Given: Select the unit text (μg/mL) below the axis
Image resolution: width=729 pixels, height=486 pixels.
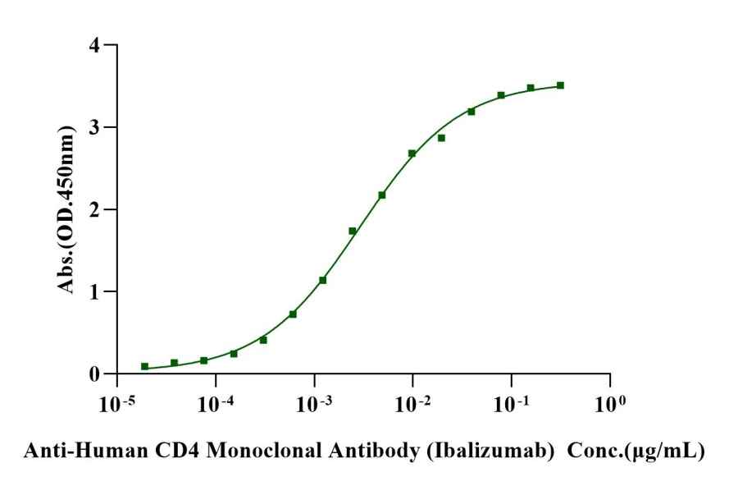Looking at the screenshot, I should (x=668, y=450).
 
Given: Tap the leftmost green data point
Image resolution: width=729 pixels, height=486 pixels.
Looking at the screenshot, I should (x=144, y=366).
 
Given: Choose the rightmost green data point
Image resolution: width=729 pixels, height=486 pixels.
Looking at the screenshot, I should (x=560, y=85).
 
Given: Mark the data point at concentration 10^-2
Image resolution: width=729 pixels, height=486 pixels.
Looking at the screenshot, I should (x=412, y=154).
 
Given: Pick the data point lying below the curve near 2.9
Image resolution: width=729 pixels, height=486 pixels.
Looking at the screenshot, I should (x=441, y=138).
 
